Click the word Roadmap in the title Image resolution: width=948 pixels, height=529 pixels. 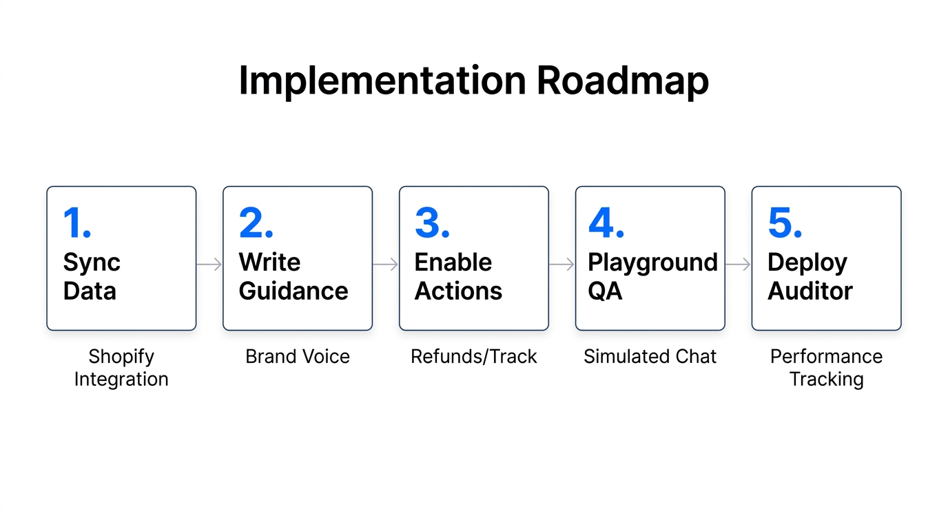pyautogui.click(x=623, y=81)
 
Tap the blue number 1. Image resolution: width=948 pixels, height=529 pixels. pyautogui.click(x=77, y=222)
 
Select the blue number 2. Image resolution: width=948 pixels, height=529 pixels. pyautogui.click(x=256, y=222)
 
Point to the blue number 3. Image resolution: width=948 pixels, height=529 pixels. pyautogui.click(x=432, y=222)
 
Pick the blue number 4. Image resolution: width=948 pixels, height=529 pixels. pyautogui.click(x=606, y=222)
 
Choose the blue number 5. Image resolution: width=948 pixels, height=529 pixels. pyautogui.click(x=785, y=222)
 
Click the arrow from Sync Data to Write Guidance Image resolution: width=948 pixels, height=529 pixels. pyautogui.click(x=209, y=264)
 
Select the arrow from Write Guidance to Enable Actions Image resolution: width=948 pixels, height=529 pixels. pyautogui.click(x=385, y=264)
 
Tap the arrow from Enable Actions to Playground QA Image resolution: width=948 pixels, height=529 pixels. pyautogui.click(x=561, y=264)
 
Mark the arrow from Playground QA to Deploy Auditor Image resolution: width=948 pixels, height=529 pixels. pyautogui.click(x=738, y=264)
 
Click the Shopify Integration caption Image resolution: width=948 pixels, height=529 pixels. pyautogui.click(x=121, y=368)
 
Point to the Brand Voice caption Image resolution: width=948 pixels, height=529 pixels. pyautogui.click(x=298, y=356)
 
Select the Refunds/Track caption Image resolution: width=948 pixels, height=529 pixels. pyautogui.click(x=473, y=356)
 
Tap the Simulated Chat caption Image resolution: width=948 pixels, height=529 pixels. pyautogui.click(x=650, y=356)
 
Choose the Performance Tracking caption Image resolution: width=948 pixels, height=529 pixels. pyautogui.click(x=826, y=368)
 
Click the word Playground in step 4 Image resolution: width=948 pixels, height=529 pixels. pyautogui.click(x=652, y=264)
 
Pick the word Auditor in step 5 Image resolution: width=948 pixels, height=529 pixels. pyautogui.click(x=810, y=291)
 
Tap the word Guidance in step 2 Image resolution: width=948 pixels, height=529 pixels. pyautogui.click(x=293, y=291)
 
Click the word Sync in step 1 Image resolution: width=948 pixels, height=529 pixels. pyautogui.click(x=92, y=264)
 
